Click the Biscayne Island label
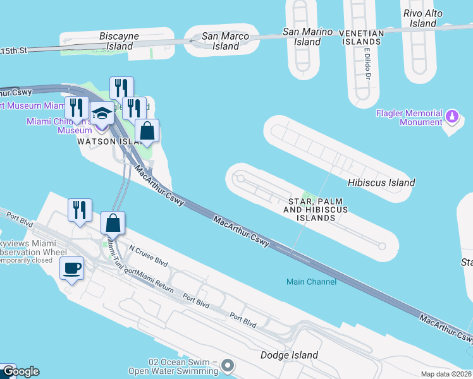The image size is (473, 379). coord(120,41)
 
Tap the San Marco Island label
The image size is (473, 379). coord(226,41)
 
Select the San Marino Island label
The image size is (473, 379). coord(307,37)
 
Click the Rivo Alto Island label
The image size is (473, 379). coord(424,18)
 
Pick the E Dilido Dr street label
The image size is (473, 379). coord(367,67)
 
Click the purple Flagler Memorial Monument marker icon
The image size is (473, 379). coord(452,116)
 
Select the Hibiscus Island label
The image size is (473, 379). coord(381,183)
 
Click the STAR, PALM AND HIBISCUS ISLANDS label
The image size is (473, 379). coord(316,208)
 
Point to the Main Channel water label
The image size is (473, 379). coord(311,282)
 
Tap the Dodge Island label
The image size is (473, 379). coord(289,355)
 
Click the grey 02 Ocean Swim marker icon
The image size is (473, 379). coord(228,365)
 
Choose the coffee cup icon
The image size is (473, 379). coord(71,268)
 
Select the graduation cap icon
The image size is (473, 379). coord(101,114)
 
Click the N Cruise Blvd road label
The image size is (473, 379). coord(148,255)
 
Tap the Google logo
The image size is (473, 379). coord(20,371)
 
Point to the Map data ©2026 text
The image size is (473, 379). coord(446,374)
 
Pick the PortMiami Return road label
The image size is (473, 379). coord(149,280)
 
